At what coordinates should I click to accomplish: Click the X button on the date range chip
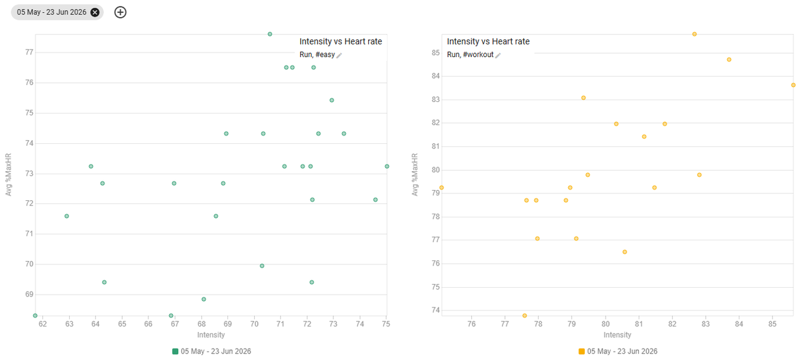click(95, 12)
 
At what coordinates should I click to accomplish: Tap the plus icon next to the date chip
click(120, 12)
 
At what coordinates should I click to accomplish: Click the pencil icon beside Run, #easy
click(339, 55)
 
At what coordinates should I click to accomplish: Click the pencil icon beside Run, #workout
click(498, 55)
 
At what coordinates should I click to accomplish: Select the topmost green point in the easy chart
click(270, 34)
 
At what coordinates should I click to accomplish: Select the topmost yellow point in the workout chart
click(694, 34)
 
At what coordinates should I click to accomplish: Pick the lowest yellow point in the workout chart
click(525, 316)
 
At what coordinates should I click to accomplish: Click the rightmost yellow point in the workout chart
click(793, 85)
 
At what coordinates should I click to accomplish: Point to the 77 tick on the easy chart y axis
click(29, 52)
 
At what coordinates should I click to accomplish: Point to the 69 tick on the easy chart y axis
click(29, 294)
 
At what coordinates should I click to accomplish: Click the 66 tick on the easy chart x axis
click(148, 324)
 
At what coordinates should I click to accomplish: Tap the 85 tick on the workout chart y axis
click(435, 53)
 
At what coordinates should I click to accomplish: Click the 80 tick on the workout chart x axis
click(605, 324)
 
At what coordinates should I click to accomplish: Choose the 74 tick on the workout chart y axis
click(435, 310)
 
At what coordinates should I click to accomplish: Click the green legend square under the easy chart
click(176, 351)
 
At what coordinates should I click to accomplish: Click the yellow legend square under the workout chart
click(582, 351)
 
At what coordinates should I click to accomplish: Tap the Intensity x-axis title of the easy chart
click(211, 335)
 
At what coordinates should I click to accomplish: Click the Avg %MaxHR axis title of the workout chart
click(415, 174)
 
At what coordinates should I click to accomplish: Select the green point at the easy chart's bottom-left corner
click(35, 316)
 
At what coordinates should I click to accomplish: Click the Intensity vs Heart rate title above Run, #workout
click(488, 41)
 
